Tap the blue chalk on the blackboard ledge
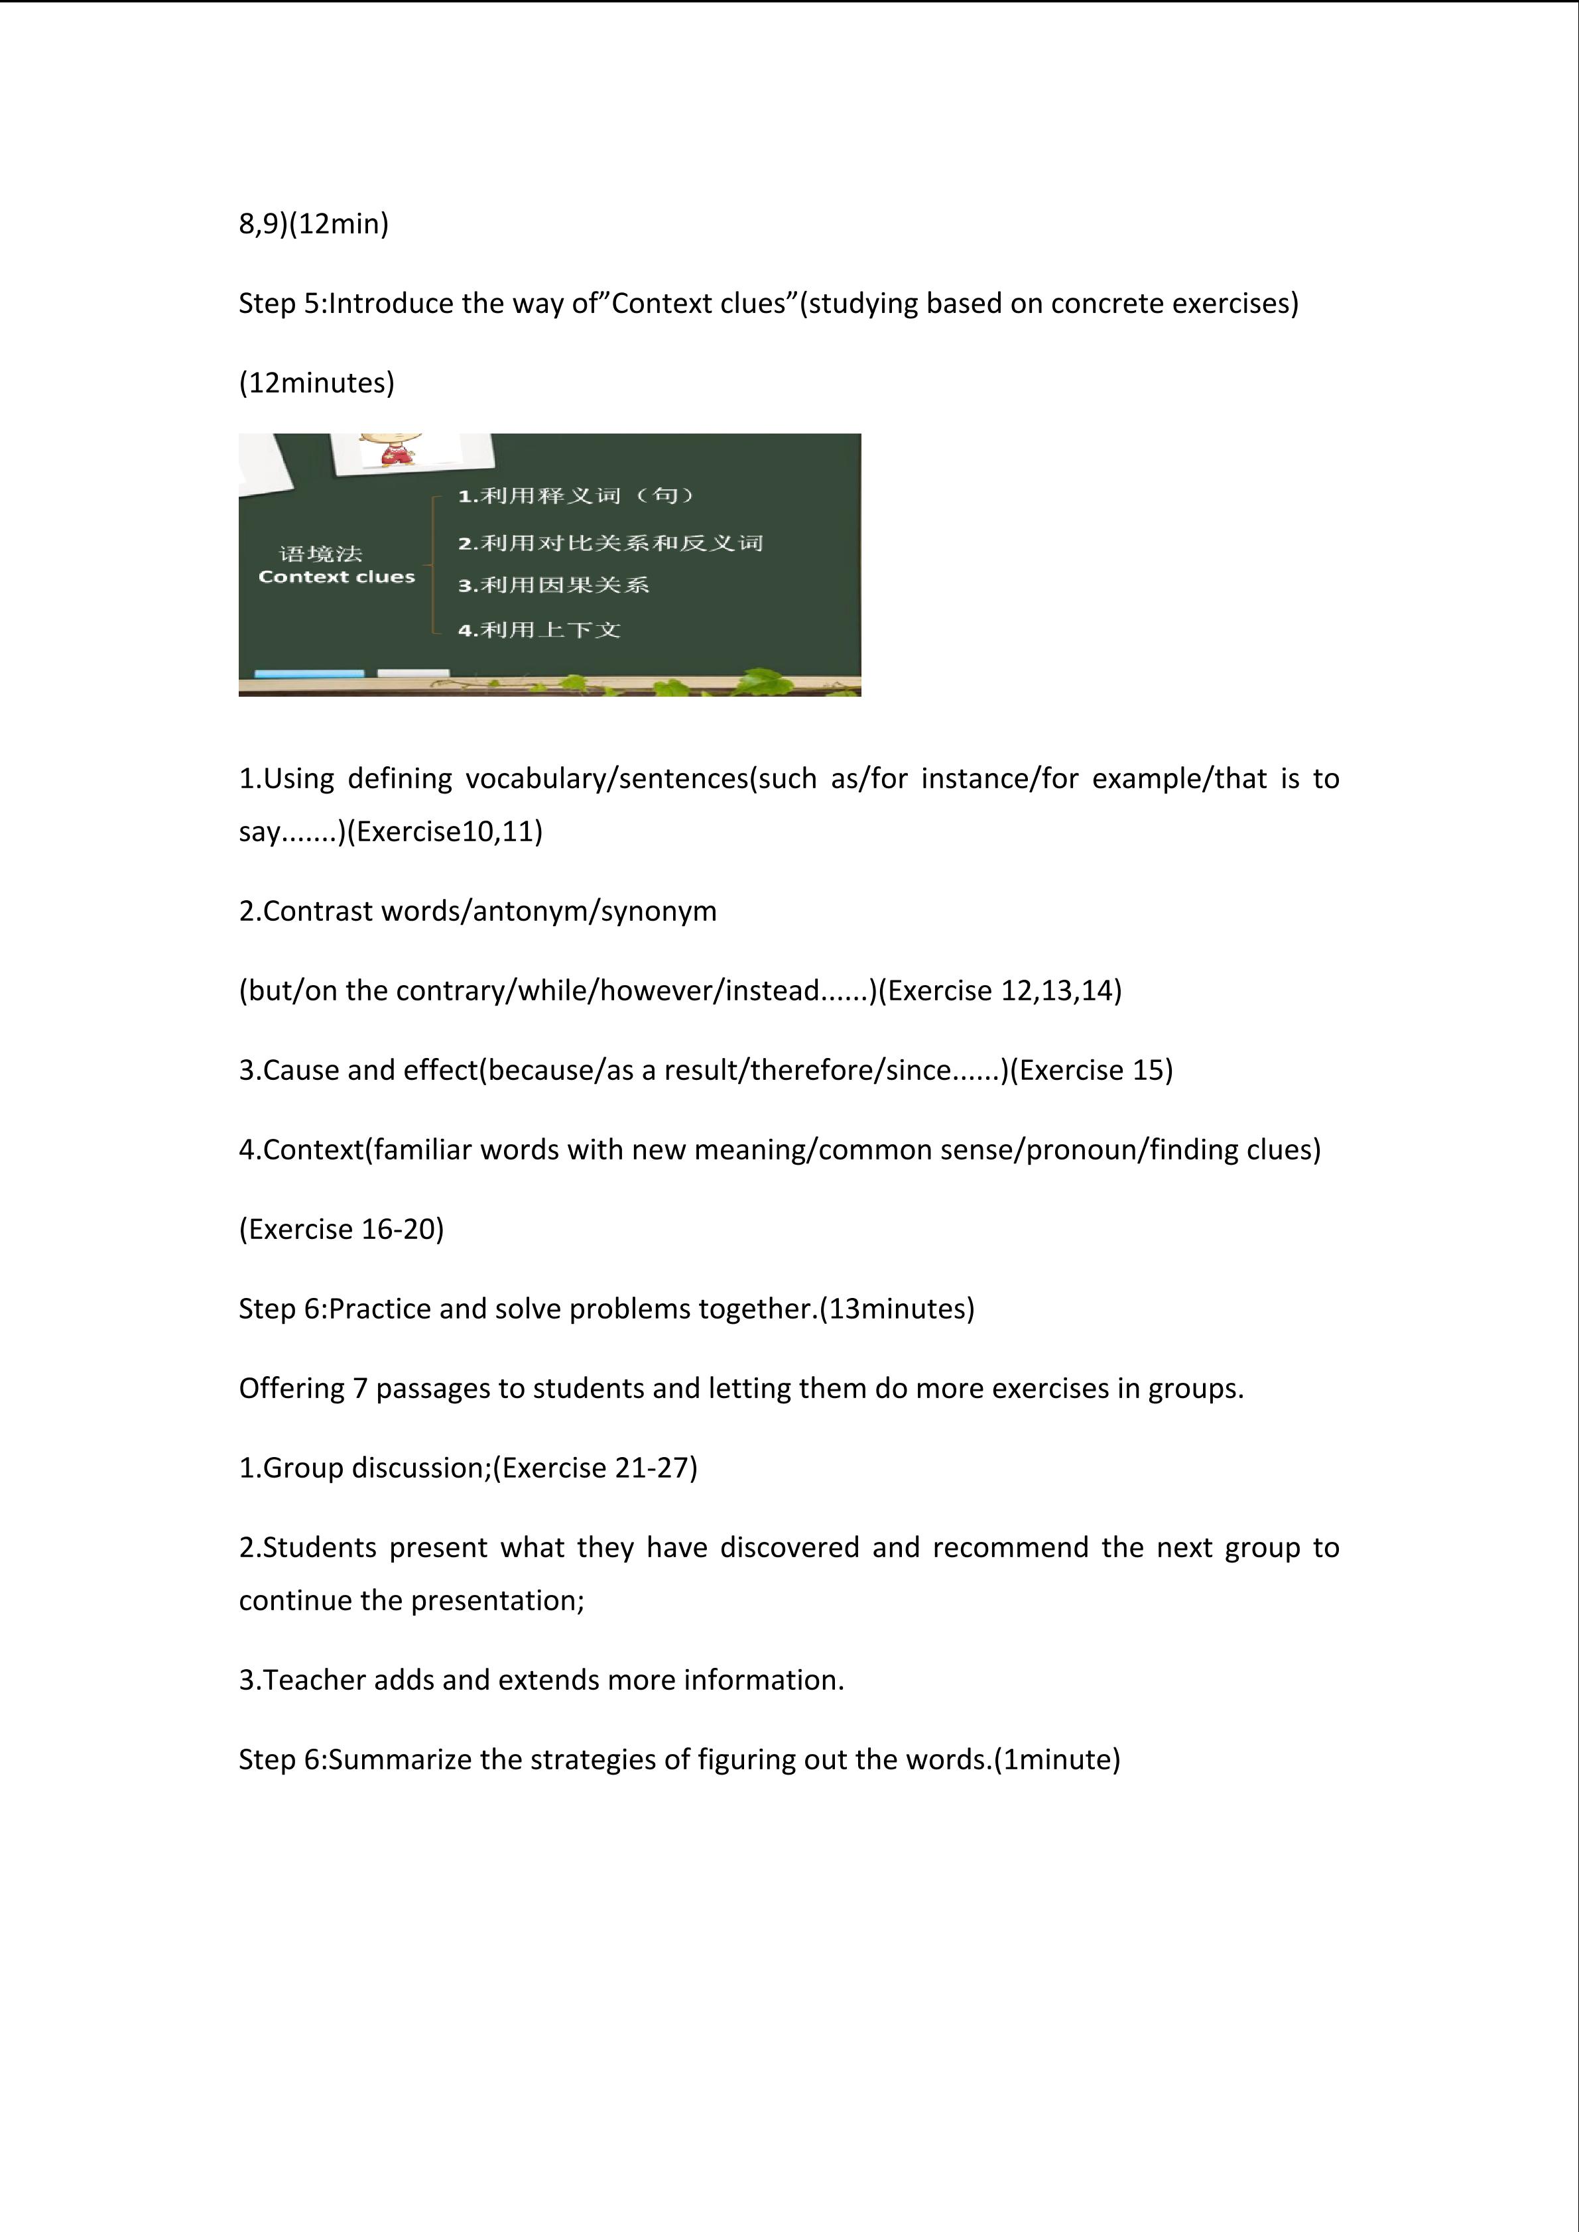coord(308,674)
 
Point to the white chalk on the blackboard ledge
coord(412,673)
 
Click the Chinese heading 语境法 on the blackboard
coord(321,554)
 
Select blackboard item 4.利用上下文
coord(540,630)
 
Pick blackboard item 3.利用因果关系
coord(554,585)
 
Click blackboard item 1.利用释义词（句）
coord(578,496)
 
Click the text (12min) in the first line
coord(340,225)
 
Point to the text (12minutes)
coord(317,383)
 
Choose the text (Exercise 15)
coord(1092,1071)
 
